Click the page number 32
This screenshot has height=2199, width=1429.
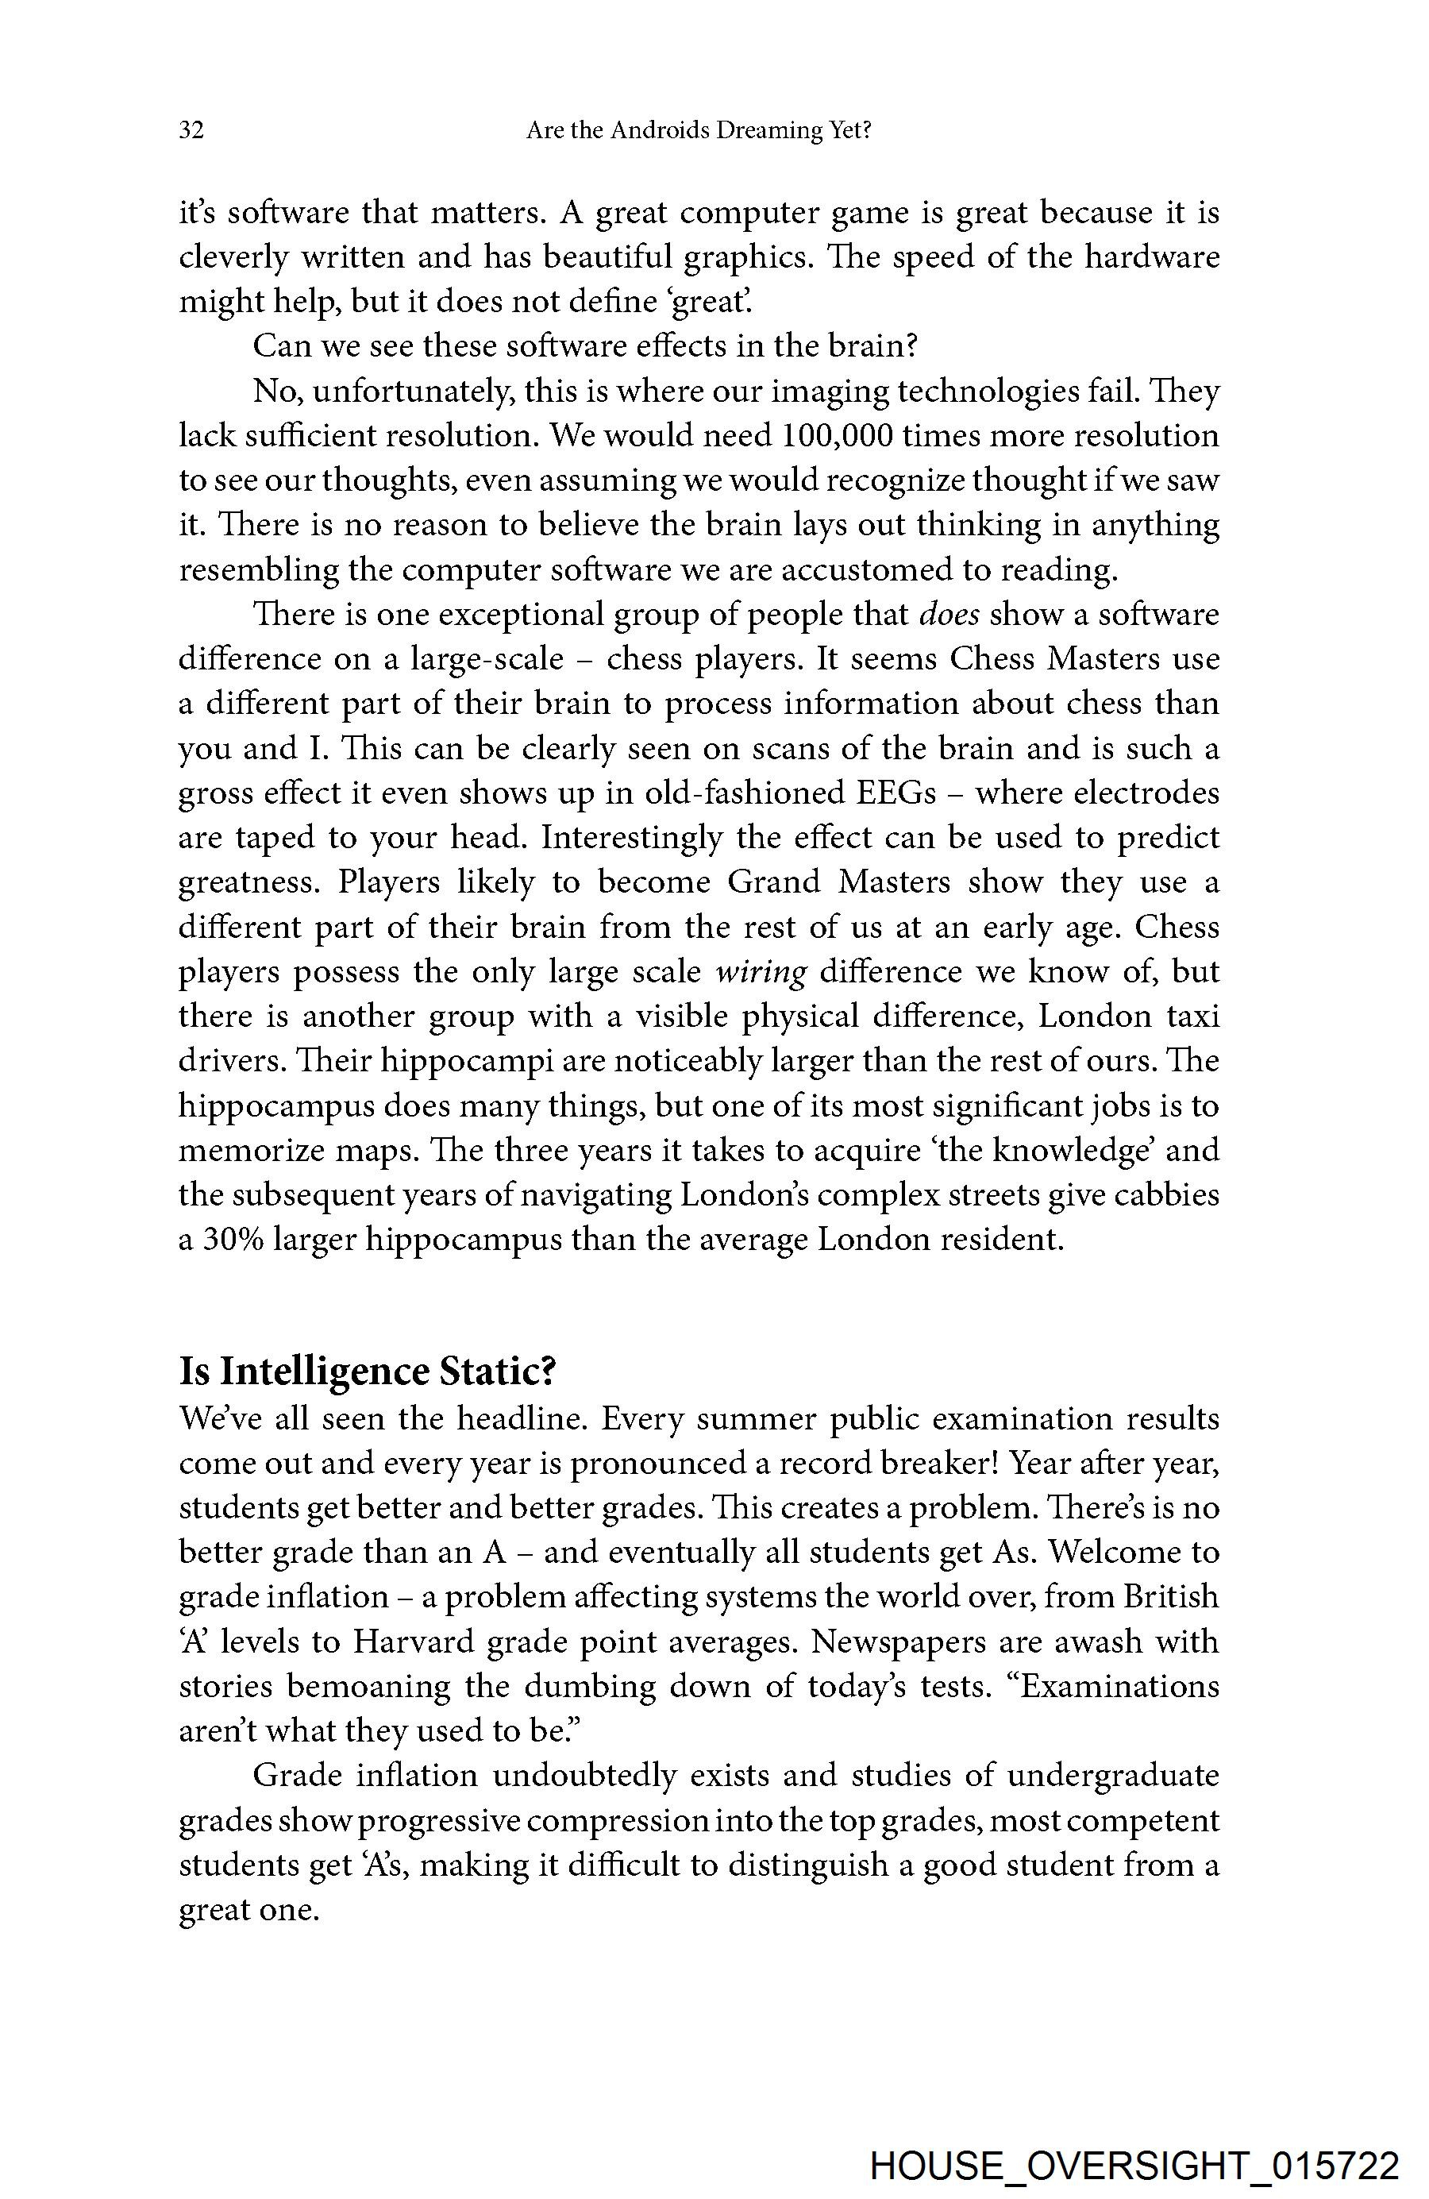pyautogui.click(x=191, y=130)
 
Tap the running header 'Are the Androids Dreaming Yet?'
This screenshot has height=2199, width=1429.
pyautogui.click(x=699, y=130)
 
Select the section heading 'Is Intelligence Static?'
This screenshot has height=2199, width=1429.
pyautogui.click(x=367, y=1371)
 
